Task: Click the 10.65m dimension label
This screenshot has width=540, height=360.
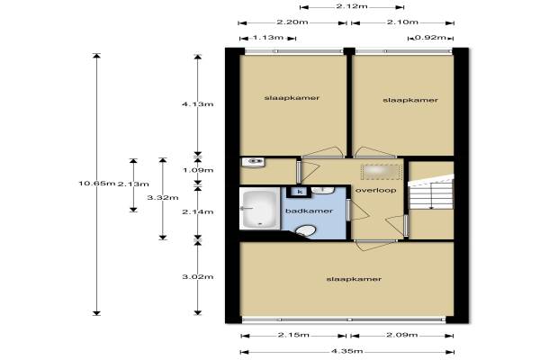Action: [97, 184]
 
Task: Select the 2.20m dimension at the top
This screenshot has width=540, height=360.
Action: [292, 22]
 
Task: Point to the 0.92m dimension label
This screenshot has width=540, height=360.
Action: [430, 38]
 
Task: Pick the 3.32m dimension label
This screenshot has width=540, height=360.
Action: [163, 198]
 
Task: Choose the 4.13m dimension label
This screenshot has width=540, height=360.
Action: [198, 104]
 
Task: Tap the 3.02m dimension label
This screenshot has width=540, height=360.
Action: [198, 276]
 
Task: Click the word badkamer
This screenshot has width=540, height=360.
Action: [309, 211]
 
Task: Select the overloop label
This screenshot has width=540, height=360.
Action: [375, 190]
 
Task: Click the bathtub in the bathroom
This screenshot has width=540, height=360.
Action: [260, 210]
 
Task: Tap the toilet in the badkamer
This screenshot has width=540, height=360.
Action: [305, 230]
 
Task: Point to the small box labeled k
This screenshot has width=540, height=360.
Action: [300, 192]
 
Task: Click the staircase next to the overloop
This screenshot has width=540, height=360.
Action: [431, 192]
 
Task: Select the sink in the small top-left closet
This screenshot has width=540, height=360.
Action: [254, 162]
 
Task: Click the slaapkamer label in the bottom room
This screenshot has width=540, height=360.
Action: [354, 279]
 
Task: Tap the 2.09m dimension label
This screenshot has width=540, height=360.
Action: [402, 335]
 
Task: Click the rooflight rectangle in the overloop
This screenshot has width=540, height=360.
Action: [382, 172]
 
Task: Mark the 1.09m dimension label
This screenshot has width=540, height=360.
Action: [198, 170]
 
